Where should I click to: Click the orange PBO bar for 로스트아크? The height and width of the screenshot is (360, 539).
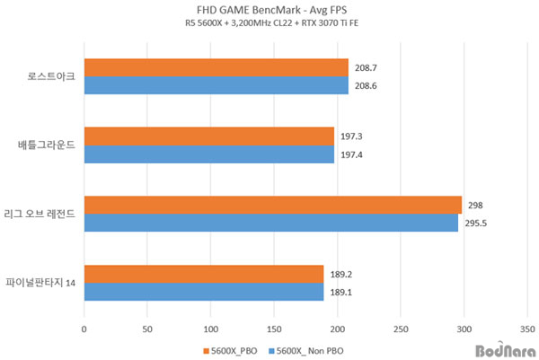216,67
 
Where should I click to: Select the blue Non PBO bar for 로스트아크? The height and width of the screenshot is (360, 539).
216,85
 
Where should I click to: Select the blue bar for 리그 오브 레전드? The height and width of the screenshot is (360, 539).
270,223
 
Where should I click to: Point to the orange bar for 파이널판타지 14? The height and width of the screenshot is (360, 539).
203,273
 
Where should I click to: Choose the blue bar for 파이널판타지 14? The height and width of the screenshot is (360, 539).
203,291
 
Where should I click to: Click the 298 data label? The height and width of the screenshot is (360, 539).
475,205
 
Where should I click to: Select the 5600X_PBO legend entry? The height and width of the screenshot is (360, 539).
236,349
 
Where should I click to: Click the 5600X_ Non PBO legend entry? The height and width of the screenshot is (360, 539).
309,349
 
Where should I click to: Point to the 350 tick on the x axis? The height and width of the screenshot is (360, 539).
528,329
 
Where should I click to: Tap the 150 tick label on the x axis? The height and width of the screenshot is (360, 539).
274,329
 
